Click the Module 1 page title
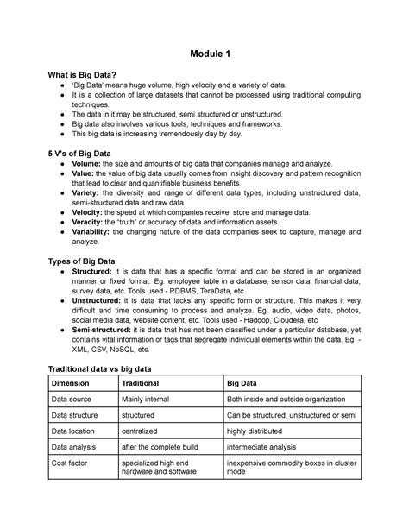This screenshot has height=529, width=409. click(204, 55)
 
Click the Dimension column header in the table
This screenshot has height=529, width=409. click(77, 384)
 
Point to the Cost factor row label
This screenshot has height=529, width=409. click(76, 463)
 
